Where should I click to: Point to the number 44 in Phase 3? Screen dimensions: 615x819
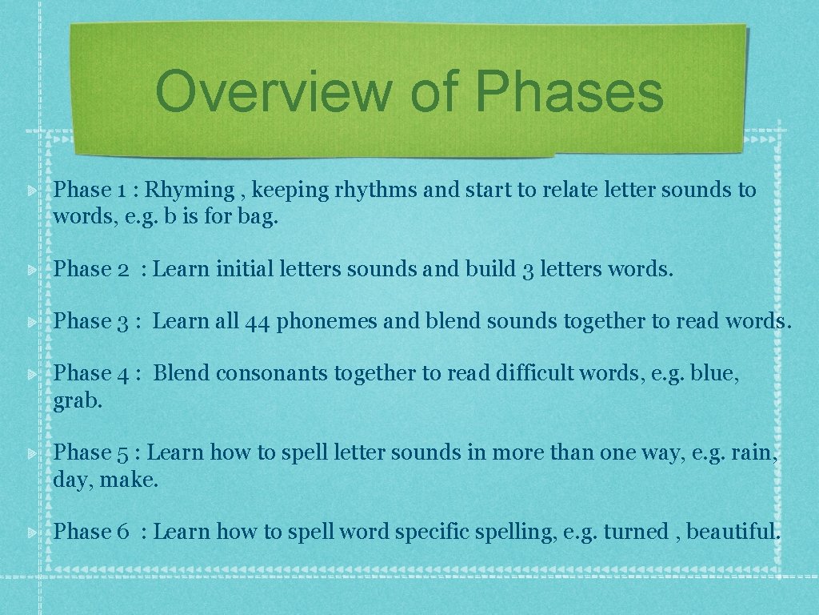pyautogui.click(x=257, y=321)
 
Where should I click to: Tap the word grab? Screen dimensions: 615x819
pyautogui.click(x=78, y=401)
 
